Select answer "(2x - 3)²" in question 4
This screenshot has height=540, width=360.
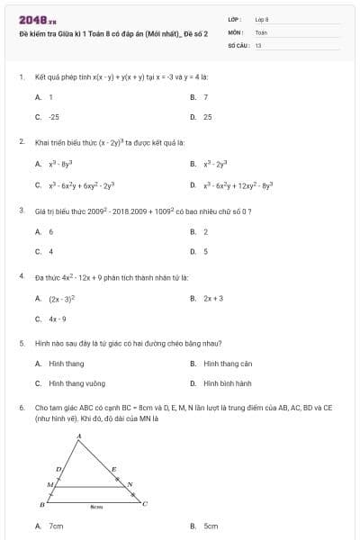tap(62, 298)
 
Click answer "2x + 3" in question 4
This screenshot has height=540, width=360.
tap(213, 298)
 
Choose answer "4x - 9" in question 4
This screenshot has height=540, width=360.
tap(58, 319)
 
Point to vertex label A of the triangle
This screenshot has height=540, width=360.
tap(78, 436)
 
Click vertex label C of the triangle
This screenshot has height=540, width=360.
tap(144, 503)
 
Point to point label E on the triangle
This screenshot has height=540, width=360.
tap(113, 469)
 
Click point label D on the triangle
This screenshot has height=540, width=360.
tap(58, 469)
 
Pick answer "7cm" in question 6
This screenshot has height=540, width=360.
tap(56, 526)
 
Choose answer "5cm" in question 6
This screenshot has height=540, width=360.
tap(211, 526)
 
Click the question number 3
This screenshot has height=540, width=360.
tap(21, 210)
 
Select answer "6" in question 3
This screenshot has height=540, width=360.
tap(51, 231)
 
